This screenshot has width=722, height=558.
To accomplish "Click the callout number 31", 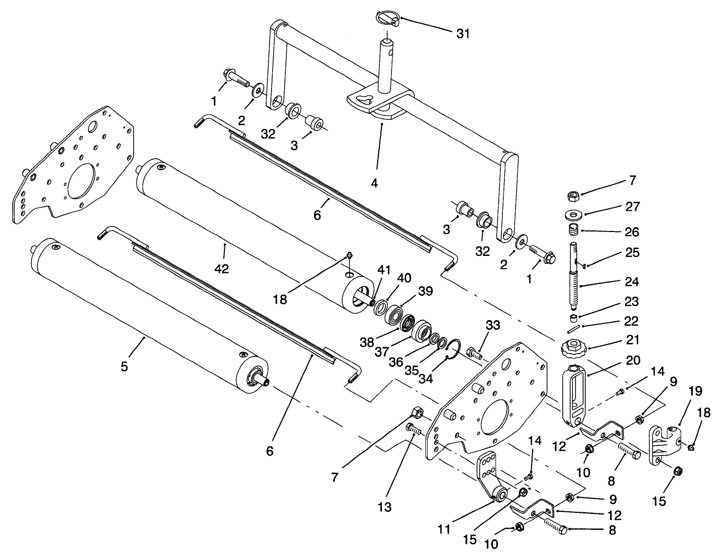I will tap(463, 33).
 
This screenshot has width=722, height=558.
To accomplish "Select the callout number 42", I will tap(222, 269).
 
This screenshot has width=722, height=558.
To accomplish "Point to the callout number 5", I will tap(124, 366).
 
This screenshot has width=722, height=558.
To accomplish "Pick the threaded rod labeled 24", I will tap(575, 276).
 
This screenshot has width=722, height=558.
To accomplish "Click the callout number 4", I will tap(375, 183).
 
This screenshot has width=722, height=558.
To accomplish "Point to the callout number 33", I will tap(492, 325).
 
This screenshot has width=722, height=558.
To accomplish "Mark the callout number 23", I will tap(632, 301).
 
